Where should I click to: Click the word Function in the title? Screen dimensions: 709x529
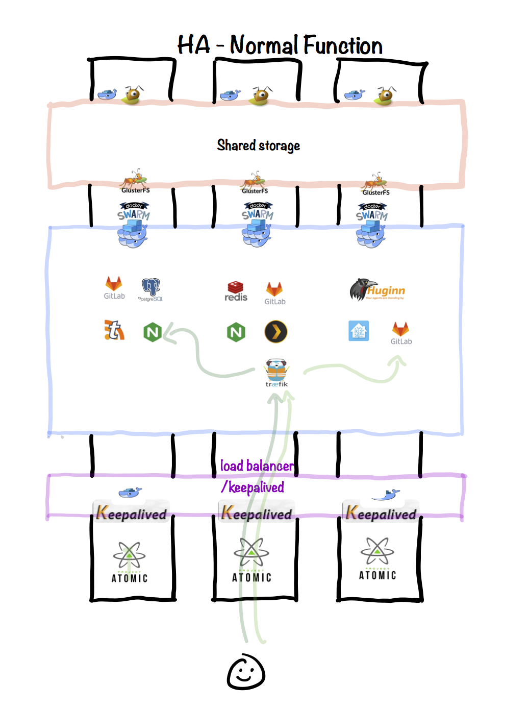click(x=343, y=45)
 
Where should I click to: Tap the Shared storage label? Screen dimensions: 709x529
click(x=258, y=145)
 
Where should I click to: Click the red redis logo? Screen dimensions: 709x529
click(x=236, y=291)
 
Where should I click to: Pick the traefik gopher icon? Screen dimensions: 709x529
click(x=276, y=372)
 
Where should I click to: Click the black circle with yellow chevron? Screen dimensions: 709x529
click(x=276, y=332)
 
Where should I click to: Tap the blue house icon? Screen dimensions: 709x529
click(x=359, y=331)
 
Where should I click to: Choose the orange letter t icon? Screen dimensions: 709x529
click(x=114, y=330)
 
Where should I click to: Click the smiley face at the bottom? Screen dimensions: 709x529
click(x=246, y=672)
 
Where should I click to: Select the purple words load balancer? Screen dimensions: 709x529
click(x=257, y=466)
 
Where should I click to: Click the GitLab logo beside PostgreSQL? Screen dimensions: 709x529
click(x=114, y=287)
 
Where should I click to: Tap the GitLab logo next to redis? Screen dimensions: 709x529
click(x=274, y=292)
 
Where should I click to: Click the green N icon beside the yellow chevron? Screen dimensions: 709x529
click(x=236, y=332)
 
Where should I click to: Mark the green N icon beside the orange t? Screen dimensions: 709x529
click(x=153, y=332)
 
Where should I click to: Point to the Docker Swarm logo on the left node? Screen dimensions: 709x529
click(x=133, y=225)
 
